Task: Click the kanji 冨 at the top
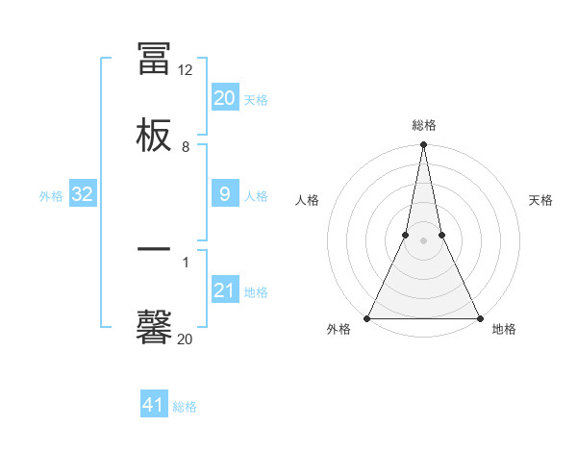(x=154, y=58)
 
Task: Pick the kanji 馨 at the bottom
(x=154, y=326)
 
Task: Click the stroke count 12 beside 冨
(x=185, y=70)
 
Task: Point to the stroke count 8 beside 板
(x=186, y=147)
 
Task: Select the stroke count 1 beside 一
(x=186, y=261)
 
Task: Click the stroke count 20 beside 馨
(x=185, y=339)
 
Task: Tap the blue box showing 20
(x=224, y=97)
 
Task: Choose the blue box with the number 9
(x=224, y=194)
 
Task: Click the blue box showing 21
(x=224, y=290)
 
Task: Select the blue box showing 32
(x=83, y=194)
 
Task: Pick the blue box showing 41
(x=154, y=405)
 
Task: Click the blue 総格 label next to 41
(x=185, y=407)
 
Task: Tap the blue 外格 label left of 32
(x=51, y=196)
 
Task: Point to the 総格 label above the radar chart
(x=424, y=126)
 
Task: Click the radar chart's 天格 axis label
(x=540, y=200)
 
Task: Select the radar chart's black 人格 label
(x=307, y=200)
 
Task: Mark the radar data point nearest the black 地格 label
(x=479, y=317)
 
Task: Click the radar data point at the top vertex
(x=423, y=145)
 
